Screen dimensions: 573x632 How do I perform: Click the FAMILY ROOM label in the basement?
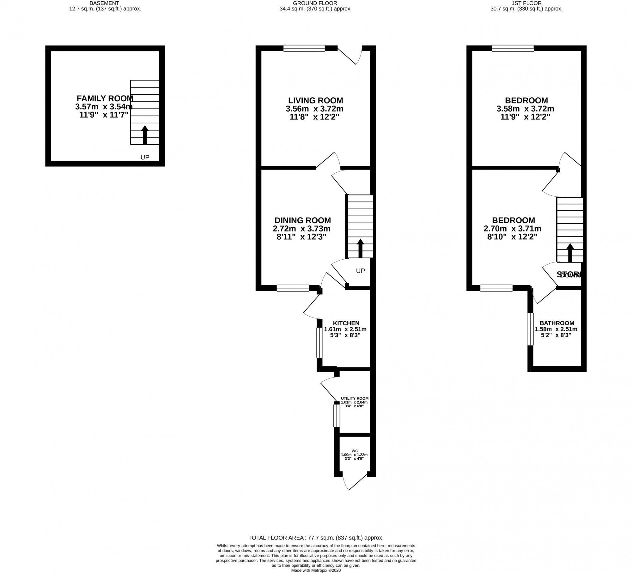tap(105, 98)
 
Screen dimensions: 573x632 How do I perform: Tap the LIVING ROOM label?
tap(315, 101)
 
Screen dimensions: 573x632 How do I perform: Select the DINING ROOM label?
tap(302, 220)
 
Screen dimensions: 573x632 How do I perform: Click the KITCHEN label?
tap(346, 323)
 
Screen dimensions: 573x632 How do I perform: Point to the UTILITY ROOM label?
tap(355, 398)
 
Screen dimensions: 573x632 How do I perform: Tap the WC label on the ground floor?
tap(355, 451)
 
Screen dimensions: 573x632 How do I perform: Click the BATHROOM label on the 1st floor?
tap(557, 323)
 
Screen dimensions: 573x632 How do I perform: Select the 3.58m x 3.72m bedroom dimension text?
tap(525, 109)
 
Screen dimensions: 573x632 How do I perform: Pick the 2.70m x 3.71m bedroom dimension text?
tap(512, 229)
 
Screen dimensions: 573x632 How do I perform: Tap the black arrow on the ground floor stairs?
tap(360, 248)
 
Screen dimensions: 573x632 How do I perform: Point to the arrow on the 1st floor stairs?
tap(570, 253)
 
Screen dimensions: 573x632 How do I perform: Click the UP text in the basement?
tap(145, 157)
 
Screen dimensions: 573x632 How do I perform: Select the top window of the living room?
tap(304, 48)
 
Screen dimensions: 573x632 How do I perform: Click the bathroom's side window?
tap(530, 329)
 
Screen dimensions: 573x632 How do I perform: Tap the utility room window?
tap(337, 416)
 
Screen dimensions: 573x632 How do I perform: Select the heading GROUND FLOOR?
tap(315, 3)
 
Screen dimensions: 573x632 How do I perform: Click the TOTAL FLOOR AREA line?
tap(316, 538)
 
